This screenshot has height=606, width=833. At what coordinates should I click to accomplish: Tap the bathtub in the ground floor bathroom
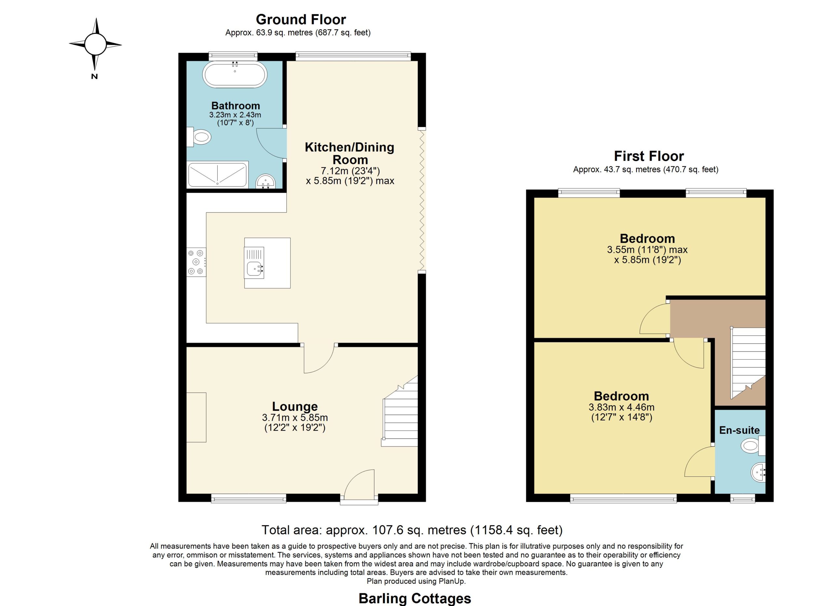[x=235, y=74]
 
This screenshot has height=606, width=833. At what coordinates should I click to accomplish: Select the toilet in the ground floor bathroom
[x=199, y=137]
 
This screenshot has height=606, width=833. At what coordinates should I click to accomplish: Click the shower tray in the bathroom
[x=217, y=174]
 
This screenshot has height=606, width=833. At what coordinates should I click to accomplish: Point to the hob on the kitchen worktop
[x=196, y=262]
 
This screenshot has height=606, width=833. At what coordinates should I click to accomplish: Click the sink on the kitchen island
[x=254, y=263]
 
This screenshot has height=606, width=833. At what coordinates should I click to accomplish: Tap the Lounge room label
[x=295, y=406]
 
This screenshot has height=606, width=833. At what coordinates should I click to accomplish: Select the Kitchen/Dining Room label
[x=350, y=153]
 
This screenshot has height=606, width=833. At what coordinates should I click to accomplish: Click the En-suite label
[x=739, y=430]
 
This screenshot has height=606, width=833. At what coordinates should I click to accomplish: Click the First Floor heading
[x=649, y=157]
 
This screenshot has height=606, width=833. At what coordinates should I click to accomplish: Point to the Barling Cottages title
[x=415, y=598]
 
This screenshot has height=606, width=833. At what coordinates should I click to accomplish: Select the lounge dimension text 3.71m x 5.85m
[x=295, y=418]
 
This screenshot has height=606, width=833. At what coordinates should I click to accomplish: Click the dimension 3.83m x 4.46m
[x=621, y=407]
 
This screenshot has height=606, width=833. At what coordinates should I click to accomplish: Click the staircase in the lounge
[x=400, y=411]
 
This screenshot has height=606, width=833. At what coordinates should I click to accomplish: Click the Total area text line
[x=412, y=530]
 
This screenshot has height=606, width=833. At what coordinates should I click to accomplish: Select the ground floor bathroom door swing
[x=271, y=143]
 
